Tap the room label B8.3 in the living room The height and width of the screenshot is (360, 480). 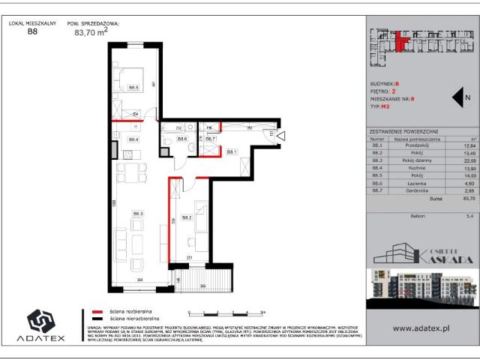tap(138, 214)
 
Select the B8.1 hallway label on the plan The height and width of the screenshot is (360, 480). tap(232, 151)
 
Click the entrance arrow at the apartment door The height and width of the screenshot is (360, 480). tap(282, 136)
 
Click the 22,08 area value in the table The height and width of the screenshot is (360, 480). tap(469, 159)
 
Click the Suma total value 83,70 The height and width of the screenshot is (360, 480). tap(468, 199)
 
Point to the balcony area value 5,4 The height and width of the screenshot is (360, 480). tap(469, 215)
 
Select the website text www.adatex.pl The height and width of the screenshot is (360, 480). tap(421, 328)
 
